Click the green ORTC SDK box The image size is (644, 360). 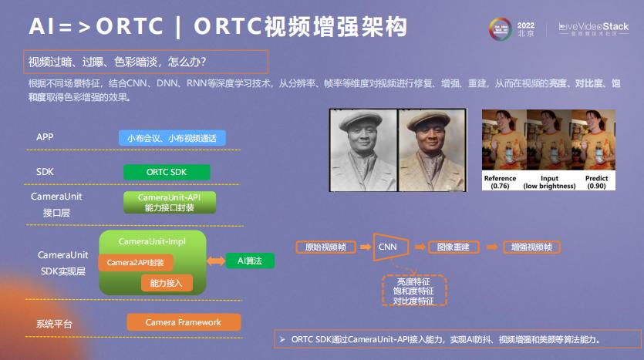pyautogui.click(x=167, y=171)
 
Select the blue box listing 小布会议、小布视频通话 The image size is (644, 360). pyautogui.click(x=171, y=138)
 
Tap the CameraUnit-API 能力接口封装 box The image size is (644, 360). pyautogui.click(x=170, y=203)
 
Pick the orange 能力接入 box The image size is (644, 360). pyautogui.click(x=166, y=283)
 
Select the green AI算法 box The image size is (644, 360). pyautogui.click(x=250, y=261)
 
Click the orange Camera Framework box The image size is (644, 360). pyautogui.click(x=183, y=322)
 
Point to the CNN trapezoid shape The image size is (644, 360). pyautogui.click(x=388, y=247)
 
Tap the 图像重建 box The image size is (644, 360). pyautogui.click(x=453, y=247)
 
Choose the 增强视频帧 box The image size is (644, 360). pyautogui.click(x=531, y=247)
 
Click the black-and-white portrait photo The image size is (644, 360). pyautogui.click(x=362, y=150)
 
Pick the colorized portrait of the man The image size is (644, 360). pyautogui.click(x=430, y=150)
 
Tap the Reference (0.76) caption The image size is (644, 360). pyautogui.click(x=500, y=182)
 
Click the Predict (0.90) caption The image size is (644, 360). pyautogui.click(x=597, y=182)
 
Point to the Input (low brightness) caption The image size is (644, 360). pyautogui.click(x=549, y=182)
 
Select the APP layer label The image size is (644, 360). pyautogui.click(x=45, y=137)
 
